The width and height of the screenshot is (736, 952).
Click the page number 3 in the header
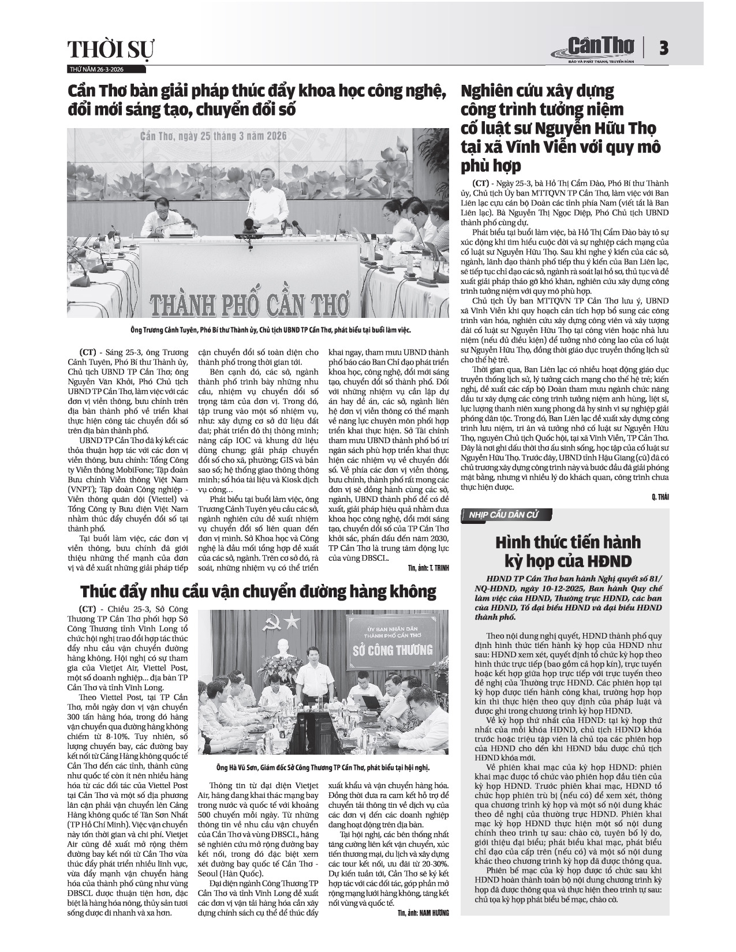point(664,48)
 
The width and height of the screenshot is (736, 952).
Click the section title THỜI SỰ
point(111,51)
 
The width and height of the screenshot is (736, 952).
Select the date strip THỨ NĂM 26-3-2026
point(96,69)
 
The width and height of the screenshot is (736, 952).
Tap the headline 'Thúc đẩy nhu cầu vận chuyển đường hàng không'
point(258,591)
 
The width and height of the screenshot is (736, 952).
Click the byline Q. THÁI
point(660,497)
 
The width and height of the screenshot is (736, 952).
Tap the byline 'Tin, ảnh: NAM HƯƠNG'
point(423,912)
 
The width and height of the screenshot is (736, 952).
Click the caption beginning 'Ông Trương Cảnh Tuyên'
point(258,331)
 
